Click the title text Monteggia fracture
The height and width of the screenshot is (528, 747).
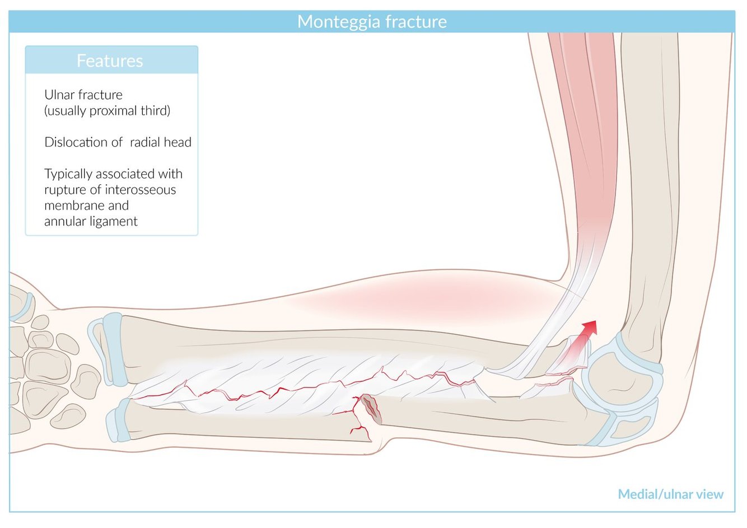point(372,21)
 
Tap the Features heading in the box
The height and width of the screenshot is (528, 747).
point(110,60)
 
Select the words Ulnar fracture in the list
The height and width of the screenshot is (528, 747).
point(83,95)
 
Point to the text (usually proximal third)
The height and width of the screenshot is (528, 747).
point(107,110)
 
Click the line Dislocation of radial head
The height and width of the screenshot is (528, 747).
point(118,142)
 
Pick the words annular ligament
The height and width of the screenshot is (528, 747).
point(91,221)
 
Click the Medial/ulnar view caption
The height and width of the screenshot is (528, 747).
point(670,494)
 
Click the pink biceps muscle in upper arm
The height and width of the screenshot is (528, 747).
point(582,140)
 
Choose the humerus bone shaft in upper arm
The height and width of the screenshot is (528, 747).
point(650,168)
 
